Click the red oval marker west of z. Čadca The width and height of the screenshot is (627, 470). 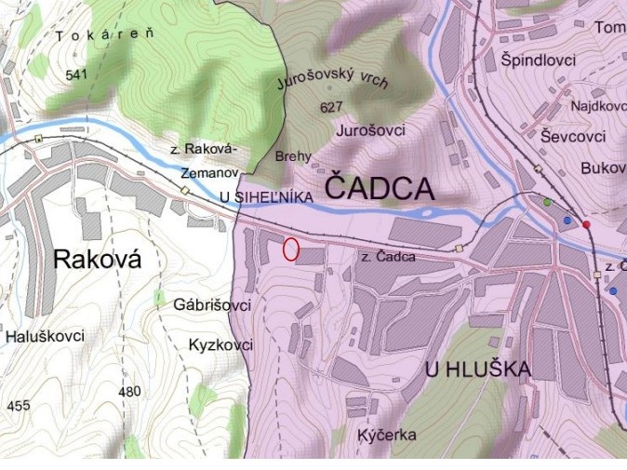tap(290, 249)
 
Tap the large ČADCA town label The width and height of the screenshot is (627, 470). tap(379, 189)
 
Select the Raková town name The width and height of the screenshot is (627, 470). tap(97, 259)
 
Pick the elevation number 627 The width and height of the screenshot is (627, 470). tap(330, 107)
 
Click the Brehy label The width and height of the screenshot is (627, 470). tap(293, 156)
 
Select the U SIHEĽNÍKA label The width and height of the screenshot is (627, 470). tap(265, 196)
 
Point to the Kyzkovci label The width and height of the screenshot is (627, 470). tap(220, 344)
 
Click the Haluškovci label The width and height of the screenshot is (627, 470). tap(44, 336)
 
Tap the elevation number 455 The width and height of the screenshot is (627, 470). tap(18, 406)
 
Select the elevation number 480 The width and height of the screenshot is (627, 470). tap(129, 391)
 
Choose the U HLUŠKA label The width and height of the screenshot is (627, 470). tap(477, 369)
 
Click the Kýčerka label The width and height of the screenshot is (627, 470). tap(386, 435)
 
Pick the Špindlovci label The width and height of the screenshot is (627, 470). tap(538, 60)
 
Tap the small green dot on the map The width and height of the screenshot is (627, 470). tap(547, 202)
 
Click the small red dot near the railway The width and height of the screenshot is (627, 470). tap(586, 224)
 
